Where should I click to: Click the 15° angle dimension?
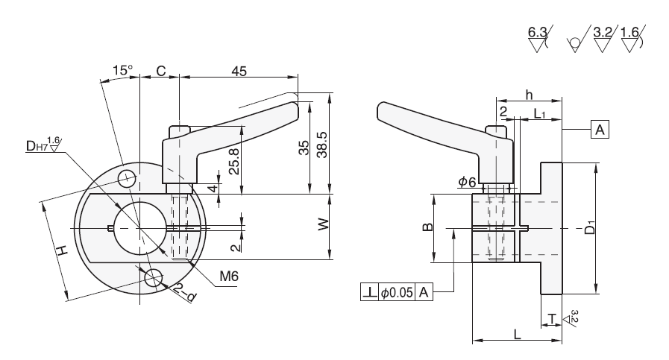(122, 71)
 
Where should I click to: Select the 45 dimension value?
(239, 71)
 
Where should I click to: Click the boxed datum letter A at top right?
(599, 130)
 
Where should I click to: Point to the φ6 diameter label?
(467, 181)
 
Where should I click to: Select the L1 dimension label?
(541, 113)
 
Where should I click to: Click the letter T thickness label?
(550, 319)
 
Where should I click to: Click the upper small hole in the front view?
(127, 177)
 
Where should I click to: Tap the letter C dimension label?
(160, 71)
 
